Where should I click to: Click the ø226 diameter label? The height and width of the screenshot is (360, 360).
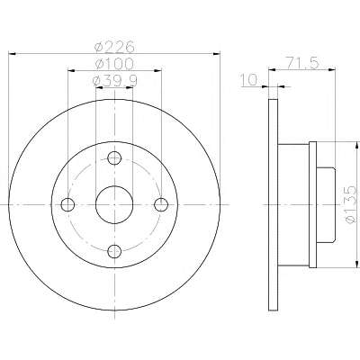pos(113,47)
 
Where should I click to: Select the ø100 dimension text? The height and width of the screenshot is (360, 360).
pos(113,64)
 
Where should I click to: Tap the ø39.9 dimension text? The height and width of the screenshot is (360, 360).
pos(115,80)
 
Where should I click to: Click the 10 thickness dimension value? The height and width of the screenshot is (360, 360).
pos(249,80)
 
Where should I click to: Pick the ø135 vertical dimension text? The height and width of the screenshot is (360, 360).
pos(350,204)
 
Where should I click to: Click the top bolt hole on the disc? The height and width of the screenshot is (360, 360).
pos(114,157)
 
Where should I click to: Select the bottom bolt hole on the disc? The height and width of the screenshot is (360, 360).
pos(114,251)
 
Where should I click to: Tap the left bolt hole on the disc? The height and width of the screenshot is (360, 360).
pos(67,204)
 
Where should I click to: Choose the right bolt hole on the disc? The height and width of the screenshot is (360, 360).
pos(161,204)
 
